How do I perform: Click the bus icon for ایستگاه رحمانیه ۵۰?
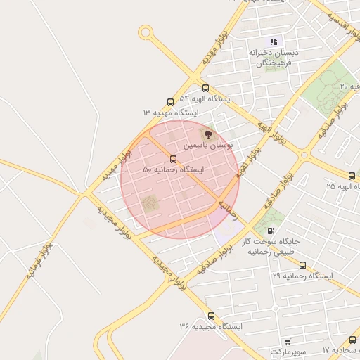click(173, 157)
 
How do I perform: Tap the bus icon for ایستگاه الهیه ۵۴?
click(205, 88)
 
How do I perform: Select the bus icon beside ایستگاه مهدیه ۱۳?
click(171, 101)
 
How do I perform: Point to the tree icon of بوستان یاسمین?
click(207, 134)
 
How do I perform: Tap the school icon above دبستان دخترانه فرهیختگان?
click(274, 41)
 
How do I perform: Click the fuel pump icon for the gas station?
click(271, 231)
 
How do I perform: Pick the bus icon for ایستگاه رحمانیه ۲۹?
click(302, 265)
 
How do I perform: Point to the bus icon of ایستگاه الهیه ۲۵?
click(351, 175)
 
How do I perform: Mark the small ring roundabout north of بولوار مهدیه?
click(146, 32)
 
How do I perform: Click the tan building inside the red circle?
click(150, 204)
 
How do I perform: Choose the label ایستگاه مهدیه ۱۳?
click(171, 112)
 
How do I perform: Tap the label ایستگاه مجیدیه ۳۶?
click(211, 327)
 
